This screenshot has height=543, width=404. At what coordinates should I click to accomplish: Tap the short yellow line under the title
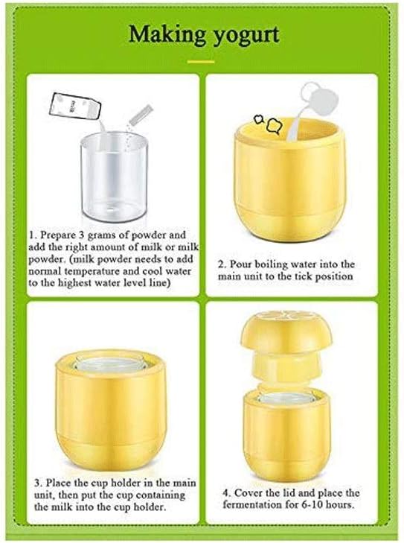pyautogui.click(x=201, y=61)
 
